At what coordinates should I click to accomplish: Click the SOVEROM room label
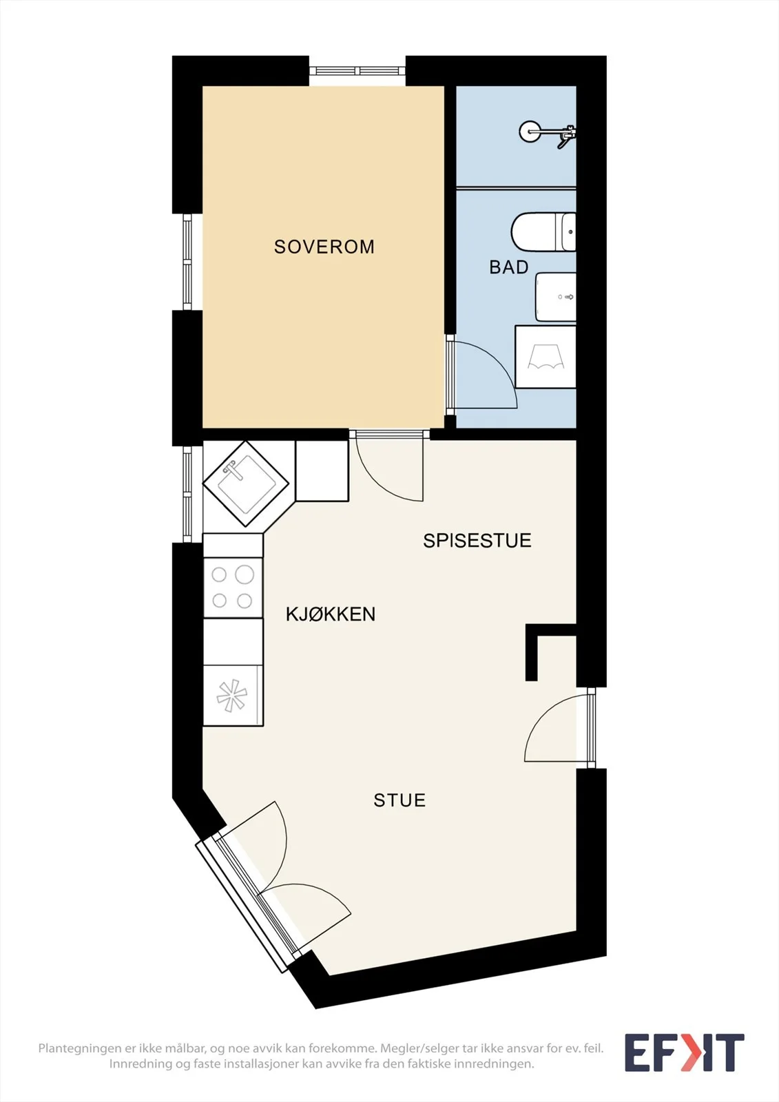(324, 247)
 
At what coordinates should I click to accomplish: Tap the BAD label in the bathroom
(508, 267)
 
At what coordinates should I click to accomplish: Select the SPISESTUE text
(477, 540)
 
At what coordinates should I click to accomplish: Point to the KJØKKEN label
(330, 614)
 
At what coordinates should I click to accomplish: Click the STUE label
(399, 800)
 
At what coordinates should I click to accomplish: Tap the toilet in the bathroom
(543, 231)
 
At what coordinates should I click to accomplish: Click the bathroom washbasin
(555, 297)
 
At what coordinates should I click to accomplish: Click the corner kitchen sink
(246, 484)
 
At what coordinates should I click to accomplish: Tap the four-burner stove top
(233, 588)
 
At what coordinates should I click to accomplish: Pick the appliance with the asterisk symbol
(233, 696)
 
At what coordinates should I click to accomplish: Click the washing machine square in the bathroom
(546, 357)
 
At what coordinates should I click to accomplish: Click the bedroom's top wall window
(357, 72)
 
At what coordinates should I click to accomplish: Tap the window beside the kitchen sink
(187, 494)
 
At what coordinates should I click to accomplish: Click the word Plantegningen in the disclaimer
(80, 1048)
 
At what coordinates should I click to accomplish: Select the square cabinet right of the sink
(322, 471)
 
